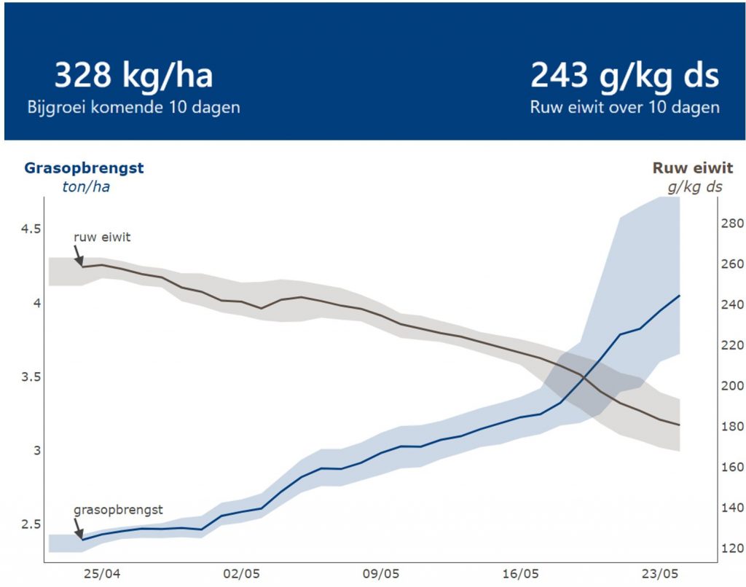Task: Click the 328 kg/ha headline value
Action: point(134,76)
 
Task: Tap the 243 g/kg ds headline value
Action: point(624,76)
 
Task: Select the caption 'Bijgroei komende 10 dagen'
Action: point(134,107)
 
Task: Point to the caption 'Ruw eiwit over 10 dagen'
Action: point(624,107)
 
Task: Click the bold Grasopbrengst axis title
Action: point(85,168)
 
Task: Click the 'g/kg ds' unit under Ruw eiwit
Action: point(695,186)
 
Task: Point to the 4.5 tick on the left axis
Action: point(31,229)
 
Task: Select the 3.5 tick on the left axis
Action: point(31,377)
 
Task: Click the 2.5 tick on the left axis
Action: point(31,524)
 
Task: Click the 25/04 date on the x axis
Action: point(101,573)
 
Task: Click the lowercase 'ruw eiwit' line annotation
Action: point(102,237)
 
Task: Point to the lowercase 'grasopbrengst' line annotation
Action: point(118,510)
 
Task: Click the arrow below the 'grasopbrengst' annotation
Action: point(79,529)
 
